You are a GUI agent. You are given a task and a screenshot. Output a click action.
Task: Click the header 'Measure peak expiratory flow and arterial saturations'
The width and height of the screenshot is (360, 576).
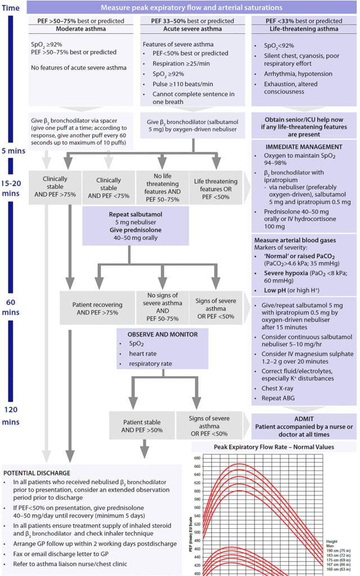coord(191,8)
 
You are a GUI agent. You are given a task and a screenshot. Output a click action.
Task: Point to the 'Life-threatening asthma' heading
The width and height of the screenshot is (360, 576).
coord(304,29)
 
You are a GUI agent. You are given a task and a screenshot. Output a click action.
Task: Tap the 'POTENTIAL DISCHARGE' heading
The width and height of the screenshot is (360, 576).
coord(37,473)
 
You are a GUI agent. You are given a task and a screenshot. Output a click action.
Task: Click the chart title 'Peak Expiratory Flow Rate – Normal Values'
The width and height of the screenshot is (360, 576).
coord(274,447)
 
